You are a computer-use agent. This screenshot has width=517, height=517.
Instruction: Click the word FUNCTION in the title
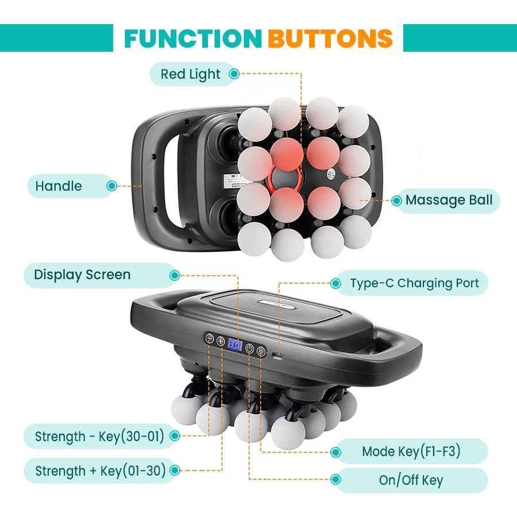point(192,38)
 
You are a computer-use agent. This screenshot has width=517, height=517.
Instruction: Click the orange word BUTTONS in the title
point(330,38)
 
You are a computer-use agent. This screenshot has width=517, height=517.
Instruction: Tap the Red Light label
point(190,74)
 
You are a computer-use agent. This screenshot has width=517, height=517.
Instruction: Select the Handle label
point(59,186)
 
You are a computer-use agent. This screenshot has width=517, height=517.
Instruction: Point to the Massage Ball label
point(449,200)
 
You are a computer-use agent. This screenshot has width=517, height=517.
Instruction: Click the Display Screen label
point(82,275)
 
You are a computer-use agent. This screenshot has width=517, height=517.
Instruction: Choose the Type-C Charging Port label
point(414,283)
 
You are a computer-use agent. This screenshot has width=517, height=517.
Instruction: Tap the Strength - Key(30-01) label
point(99,437)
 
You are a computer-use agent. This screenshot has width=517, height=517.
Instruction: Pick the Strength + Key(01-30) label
point(101,471)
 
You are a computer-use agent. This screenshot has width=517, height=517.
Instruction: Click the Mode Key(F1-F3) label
point(411,452)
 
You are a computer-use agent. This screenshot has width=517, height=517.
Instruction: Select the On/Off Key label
point(411,480)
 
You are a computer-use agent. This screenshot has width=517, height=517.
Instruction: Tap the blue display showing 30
point(234,345)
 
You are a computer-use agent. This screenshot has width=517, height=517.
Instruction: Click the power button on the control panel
point(249,349)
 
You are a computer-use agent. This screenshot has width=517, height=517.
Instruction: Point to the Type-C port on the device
point(277,357)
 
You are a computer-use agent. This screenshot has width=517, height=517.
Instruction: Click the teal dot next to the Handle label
point(112,186)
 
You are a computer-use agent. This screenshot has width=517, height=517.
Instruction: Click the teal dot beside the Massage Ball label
point(396,200)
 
